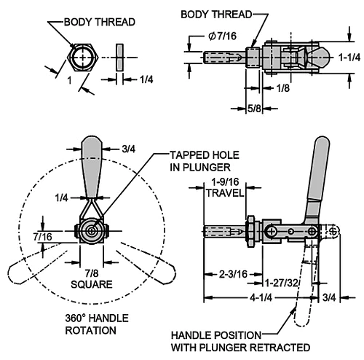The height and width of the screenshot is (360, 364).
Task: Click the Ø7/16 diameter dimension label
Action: [222, 36]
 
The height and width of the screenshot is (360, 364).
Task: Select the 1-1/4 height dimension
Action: [349, 58]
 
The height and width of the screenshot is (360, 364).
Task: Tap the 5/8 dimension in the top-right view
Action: [254, 109]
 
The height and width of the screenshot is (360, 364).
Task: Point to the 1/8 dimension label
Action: [283, 88]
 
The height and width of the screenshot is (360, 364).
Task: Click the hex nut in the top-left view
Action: [83, 58]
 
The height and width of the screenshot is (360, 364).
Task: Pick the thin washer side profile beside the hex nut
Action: [119, 58]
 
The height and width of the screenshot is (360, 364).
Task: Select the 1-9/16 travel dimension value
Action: [225, 182]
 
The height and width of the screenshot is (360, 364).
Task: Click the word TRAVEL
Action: [225, 193]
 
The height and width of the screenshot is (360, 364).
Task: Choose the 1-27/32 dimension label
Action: [281, 283]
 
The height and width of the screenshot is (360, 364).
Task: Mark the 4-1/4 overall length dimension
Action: [261, 297]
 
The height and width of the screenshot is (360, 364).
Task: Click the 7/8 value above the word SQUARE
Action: [92, 273]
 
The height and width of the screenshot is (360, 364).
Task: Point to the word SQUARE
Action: [92, 284]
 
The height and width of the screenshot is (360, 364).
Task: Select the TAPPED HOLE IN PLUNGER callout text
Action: [205, 161]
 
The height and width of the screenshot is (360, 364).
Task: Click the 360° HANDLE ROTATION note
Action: [97, 324]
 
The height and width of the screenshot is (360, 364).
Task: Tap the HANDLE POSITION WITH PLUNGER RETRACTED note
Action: [240, 341]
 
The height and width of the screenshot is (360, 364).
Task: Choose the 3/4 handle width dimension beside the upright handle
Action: [129, 149]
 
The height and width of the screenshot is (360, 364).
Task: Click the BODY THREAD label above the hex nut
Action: [100, 22]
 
